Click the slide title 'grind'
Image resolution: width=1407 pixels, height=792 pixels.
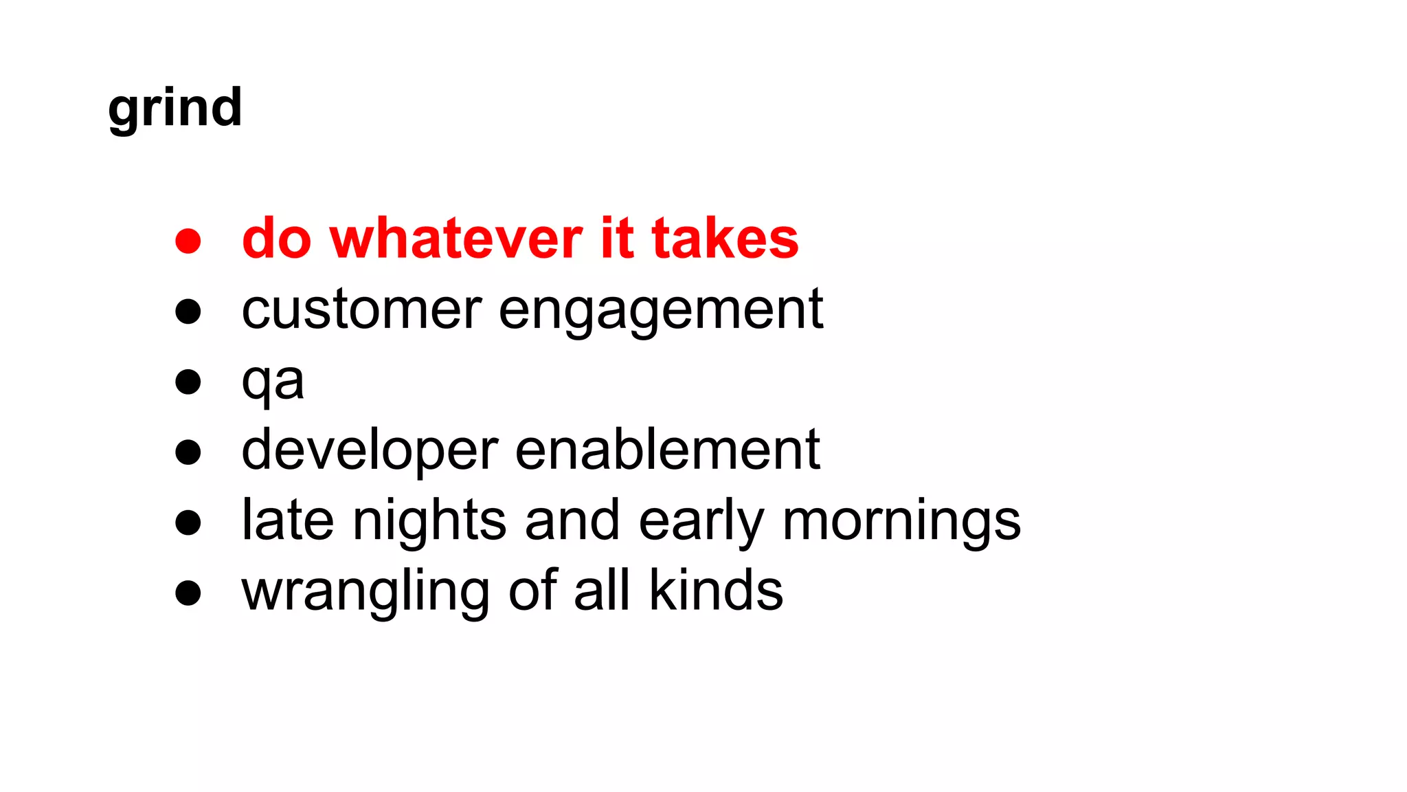click(x=175, y=109)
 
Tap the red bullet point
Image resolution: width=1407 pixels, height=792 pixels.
click(x=188, y=241)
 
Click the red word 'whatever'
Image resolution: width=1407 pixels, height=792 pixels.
click(x=456, y=239)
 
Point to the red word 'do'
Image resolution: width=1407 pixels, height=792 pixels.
click(x=277, y=239)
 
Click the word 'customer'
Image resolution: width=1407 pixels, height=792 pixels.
click(x=361, y=310)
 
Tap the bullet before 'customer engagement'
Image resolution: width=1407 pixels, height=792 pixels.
click(x=188, y=311)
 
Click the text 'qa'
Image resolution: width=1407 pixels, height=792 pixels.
click(x=273, y=382)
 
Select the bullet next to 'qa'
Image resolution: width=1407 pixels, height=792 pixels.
click(x=188, y=382)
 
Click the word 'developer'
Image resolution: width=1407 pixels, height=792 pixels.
click(x=370, y=451)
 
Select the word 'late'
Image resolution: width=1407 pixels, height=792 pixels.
click(x=288, y=520)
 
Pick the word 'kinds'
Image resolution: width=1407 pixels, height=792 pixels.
click(x=715, y=591)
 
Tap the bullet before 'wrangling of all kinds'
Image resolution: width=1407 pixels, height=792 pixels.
click(x=188, y=593)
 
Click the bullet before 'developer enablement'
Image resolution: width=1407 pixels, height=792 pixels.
click(x=188, y=452)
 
